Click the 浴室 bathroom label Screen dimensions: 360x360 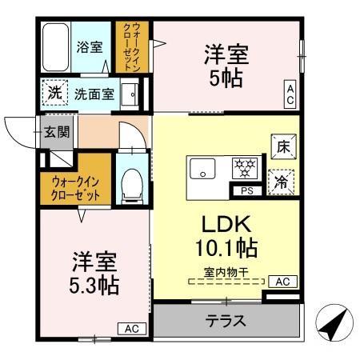89,46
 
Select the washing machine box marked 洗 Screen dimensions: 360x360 54,93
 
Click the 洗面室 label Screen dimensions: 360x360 94,94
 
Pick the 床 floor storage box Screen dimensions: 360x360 283,147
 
